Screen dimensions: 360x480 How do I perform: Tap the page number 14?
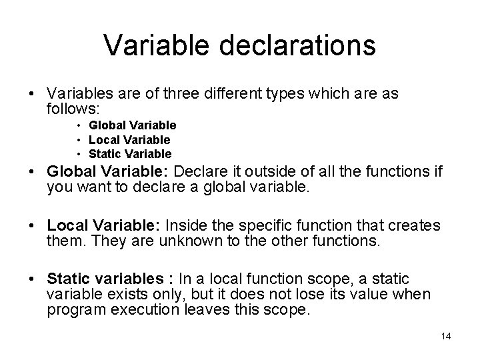pyautogui.click(x=446, y=336)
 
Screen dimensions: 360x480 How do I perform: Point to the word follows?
pyautogui.click(x=72, y=107)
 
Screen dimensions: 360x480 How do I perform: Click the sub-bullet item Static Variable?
pyautogui.click(x=130, y=154)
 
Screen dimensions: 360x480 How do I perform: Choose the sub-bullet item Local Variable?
pyautogui.click(x=129, y=139)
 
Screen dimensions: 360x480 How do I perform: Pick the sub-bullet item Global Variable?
pyautogui.click(x=133, y=125)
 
